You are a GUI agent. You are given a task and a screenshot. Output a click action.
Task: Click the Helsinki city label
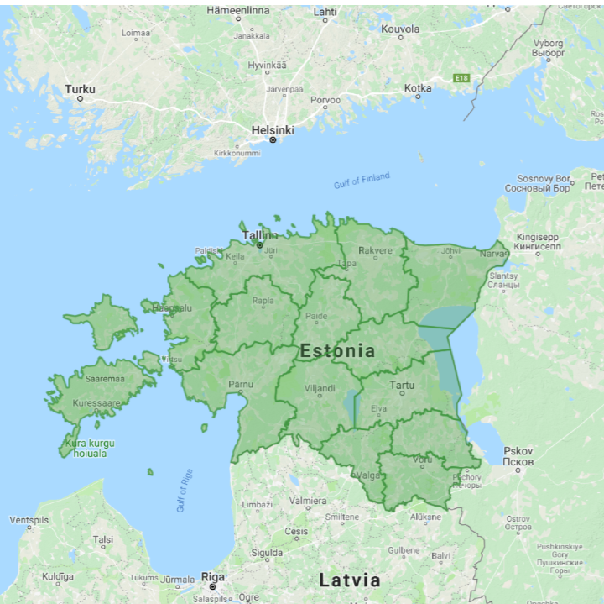coord(273,130)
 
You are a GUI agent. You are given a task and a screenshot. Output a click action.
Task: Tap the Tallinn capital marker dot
coord(260,244)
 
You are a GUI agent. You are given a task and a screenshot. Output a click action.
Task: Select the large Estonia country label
coord(337,350)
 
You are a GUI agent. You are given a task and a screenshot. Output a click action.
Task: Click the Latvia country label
coord(350,580)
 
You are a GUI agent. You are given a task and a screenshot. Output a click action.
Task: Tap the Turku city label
coord(81,89)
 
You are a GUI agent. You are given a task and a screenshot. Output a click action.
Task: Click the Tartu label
coord(402,386)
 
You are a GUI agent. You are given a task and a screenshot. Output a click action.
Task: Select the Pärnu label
coord(241,384)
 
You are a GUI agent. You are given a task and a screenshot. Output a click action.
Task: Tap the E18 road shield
coord(461,78)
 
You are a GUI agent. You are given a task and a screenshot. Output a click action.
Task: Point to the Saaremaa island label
coord(105,379)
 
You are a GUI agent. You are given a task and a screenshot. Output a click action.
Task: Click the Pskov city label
coord(518,450)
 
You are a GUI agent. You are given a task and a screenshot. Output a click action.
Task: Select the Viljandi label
coord(319,388)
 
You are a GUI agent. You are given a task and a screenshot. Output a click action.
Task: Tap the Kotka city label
coord(418,87)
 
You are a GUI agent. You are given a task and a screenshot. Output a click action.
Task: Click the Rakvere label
coord(375,250)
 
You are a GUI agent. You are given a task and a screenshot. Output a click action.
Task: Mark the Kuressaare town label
coord(97,403)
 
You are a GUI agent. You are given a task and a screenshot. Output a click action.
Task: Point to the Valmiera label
coord(307,501)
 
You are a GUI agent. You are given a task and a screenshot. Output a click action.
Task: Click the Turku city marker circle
coord(81,98)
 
